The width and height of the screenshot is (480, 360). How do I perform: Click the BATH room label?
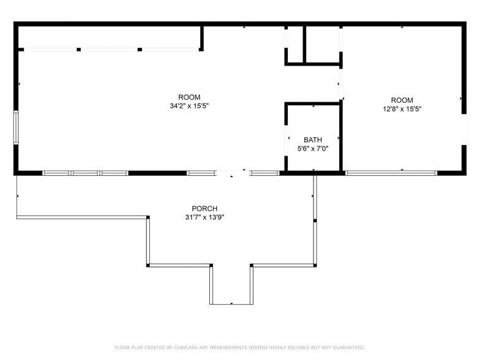pyautogui.click(x=312, y=140)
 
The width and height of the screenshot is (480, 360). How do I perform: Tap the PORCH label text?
pyautogui.click(x=204, y=209)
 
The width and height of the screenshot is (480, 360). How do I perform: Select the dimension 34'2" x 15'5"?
pyautogui.click(x=194, y=106)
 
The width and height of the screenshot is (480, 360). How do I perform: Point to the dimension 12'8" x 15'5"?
pyautogui.click(x=402, y=109)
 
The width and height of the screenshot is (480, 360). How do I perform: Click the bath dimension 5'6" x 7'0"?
pyautogui.click(x=312, y=149)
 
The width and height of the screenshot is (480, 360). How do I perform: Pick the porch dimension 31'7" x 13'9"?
pyautogui.click(x=204, y=217)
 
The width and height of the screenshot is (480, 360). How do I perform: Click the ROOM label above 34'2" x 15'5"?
pyautogui.click(x=189, y=97)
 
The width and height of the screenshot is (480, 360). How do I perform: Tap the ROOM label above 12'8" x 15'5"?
pyautogui.click(x=402, y=100)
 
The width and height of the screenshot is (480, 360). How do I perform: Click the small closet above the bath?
pyautogui.click(x=323, y=43)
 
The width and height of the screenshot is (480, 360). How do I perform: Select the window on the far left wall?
pyautogui.click(x=17, y=127)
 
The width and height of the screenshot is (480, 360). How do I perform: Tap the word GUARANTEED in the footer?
pyautogui.click(x=346, y=348)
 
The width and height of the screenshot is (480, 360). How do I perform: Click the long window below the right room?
pyautogui.click(x=391, y=173)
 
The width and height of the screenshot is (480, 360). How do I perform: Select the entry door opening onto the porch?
pyautogui.click(x=233, y=173)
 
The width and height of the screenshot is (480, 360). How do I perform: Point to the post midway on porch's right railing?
pyautogui.click(x=315, y=220)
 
